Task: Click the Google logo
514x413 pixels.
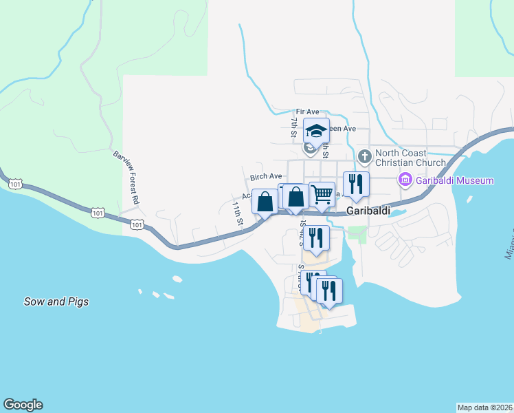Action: [x=23, y=405]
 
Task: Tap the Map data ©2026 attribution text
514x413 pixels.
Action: [x=484, y=407]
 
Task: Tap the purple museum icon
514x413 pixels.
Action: [x=405, y=180]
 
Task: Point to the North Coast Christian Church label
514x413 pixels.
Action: [x=411, y=158]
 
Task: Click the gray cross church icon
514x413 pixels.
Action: [x=364, y=157]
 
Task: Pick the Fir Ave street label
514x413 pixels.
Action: [x=308, y=112]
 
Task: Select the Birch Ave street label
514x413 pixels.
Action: [x=266, y=177]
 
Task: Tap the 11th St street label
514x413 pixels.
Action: [x=238, y=214]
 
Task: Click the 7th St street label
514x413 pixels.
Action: [x=294, y=128]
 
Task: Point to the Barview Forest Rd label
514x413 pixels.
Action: [x=126, y=177]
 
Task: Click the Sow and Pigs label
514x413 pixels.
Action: [x=56, y=301]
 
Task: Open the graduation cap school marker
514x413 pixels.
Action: [x=316, y=130]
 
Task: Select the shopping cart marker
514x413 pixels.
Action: [x=322, y=193]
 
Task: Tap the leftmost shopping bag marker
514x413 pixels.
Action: [x=265, y=202]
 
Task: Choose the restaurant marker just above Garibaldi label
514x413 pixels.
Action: [x=356, y=184]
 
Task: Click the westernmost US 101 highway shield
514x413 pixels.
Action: [x=14, y=184]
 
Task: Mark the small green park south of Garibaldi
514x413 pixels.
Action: [x=357, y=233]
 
